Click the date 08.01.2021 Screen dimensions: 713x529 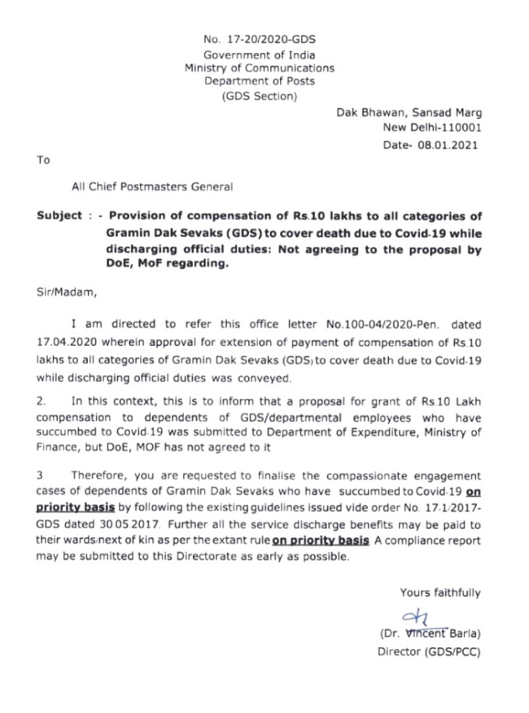[448, 145]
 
